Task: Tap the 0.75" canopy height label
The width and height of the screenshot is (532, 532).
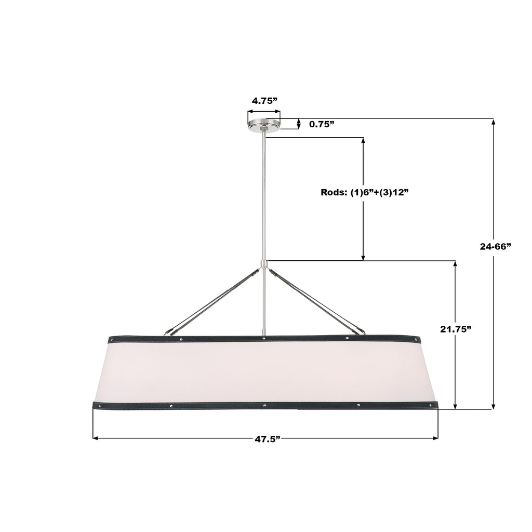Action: point(322,124)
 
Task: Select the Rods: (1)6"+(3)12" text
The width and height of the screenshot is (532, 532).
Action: point(364,192)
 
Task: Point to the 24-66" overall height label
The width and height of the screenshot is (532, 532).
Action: point(495,247)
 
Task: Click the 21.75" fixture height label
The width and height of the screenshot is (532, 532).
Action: point(456,329)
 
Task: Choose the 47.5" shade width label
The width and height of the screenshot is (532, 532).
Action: point(268,438)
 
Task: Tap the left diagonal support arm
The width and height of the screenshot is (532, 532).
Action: point(213,301)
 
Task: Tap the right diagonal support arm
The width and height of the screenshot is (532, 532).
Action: point(317,300)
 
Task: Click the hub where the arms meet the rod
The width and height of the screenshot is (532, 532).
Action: point(263,264)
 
